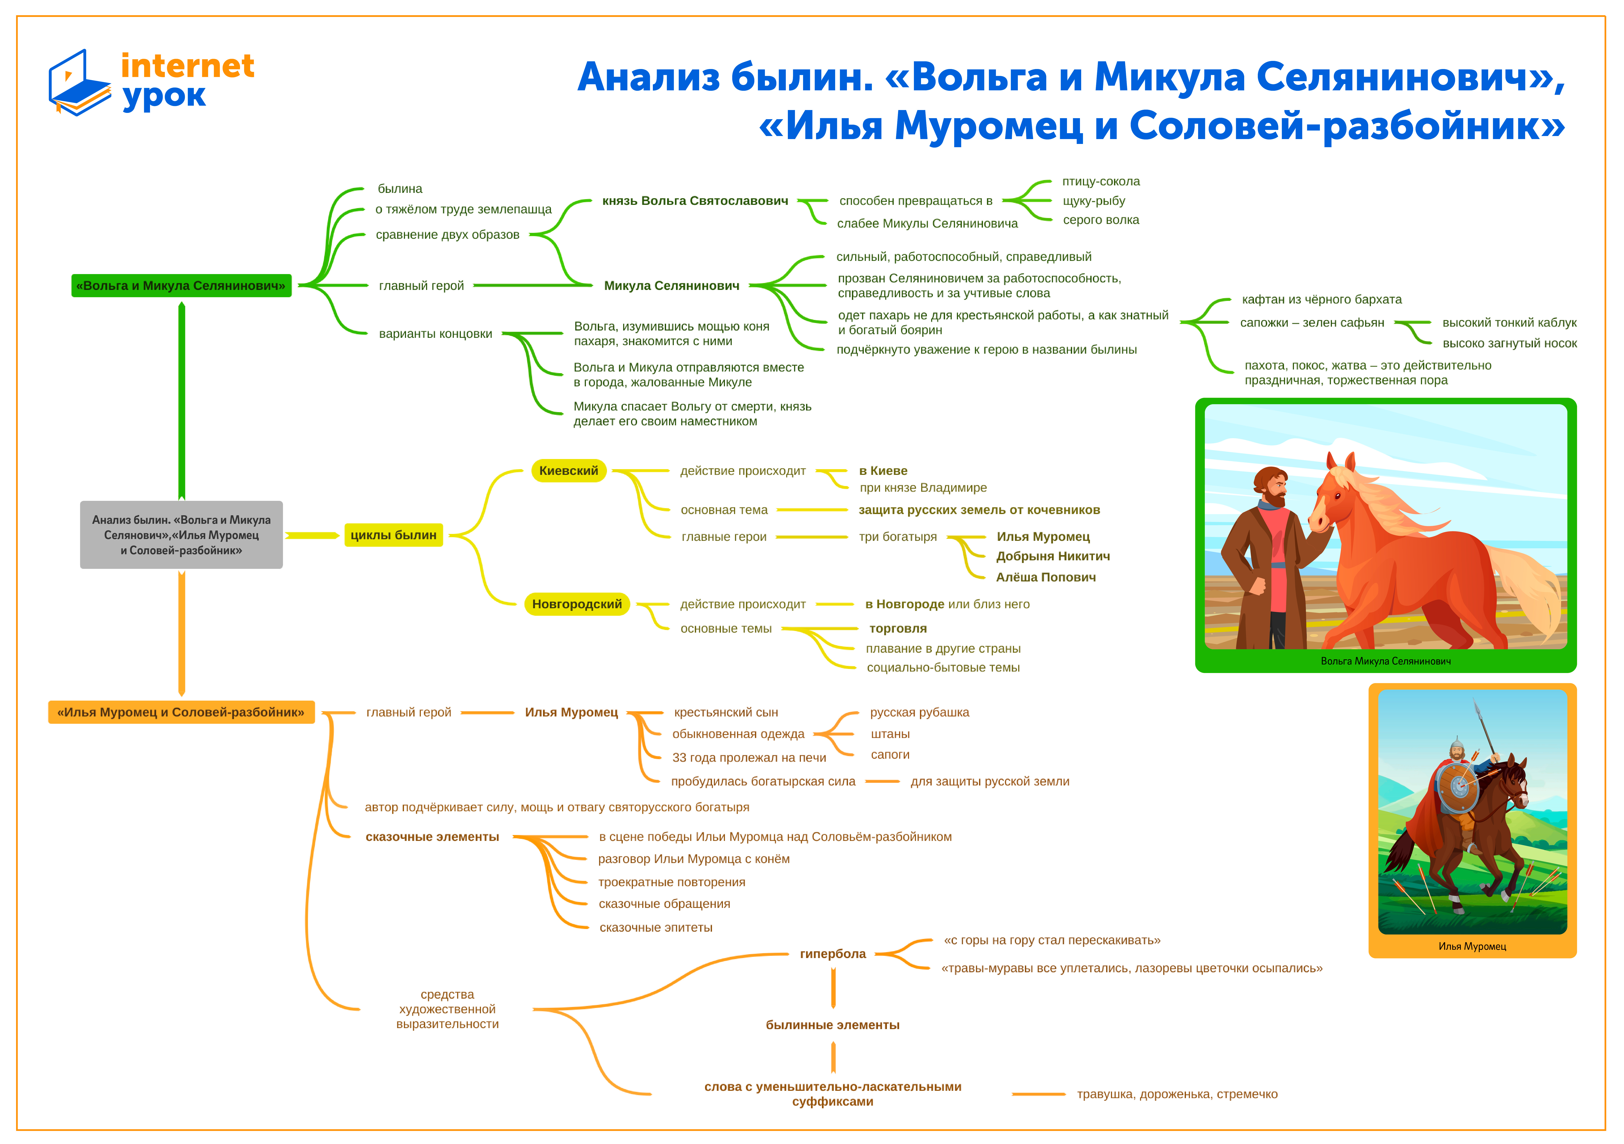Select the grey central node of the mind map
181,535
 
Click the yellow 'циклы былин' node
393,535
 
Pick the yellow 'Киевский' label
569,470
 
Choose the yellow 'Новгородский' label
577,604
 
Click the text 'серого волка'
1101,220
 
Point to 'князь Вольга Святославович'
695,201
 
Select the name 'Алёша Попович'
1045,577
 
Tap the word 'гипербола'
833,954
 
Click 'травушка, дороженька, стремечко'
1177,1094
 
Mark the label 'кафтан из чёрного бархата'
1321,299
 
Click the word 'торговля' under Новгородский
898,628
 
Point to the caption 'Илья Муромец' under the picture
1472,947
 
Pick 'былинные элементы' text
833,1025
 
